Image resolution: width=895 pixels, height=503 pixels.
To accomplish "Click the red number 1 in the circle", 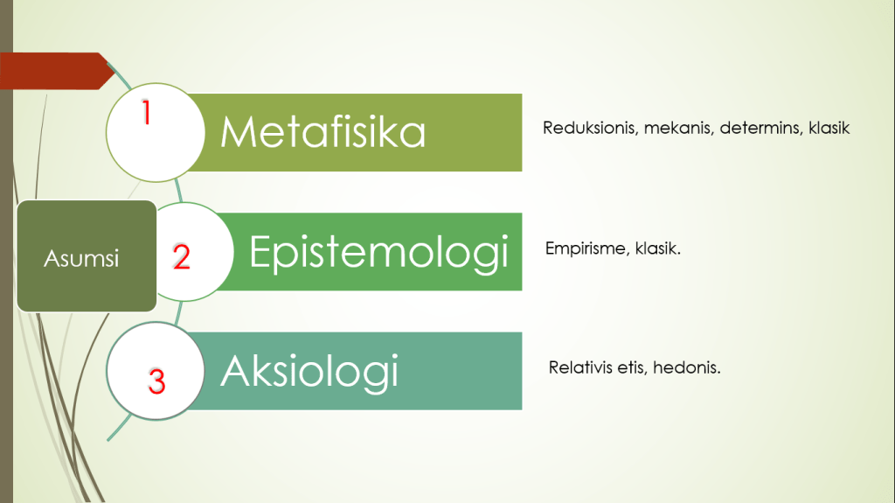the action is pyautogui.click(x=147, y=112).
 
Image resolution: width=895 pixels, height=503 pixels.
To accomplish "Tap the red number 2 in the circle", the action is pyautogui.click(x=182, y=256).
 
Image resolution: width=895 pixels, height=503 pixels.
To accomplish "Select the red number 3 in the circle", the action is pyautogui.click(x=156, y=381).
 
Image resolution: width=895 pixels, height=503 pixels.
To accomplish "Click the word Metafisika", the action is pyautogui.click(x=323, y=131).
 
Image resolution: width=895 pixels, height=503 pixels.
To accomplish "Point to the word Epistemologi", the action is pyautogui.click(x=379, y=253).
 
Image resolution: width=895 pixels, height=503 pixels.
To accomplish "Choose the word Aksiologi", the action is pyautogui.click(x=309, y=373).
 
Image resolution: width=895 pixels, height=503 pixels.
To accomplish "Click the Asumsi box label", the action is pyautogui.click(x=81, y=258).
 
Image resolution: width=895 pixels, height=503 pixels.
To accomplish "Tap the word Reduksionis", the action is pyautogui.click(x=590, y=128).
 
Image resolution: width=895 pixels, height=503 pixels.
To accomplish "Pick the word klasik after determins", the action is pyautogui.click(x=829, y=128).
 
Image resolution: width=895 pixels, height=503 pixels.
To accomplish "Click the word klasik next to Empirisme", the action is pyautogui.click(x=658, y=248).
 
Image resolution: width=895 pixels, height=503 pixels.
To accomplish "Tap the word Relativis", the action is pyautogui.click(x=581, y=367).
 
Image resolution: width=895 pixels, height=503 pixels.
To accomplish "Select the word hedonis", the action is pyautogui.click(x=687, y=367).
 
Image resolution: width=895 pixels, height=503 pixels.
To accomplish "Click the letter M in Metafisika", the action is pyautogui.click(x=235, y=132).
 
